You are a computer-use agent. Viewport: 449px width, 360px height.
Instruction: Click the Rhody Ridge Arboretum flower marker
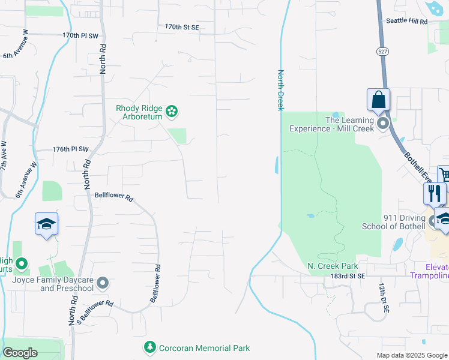tap(172, 110)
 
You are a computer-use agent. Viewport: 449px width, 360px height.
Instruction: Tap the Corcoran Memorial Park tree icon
tap(150, 347)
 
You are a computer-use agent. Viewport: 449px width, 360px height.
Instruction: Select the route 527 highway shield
tap(382, 52)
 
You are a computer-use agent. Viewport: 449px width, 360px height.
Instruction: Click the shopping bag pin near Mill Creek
tap(378, 100)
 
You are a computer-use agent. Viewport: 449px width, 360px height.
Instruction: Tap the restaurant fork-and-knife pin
tap(435, 194)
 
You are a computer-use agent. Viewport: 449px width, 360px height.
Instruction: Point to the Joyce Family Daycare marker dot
tap(103, 282)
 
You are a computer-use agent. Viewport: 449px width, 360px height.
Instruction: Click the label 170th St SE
tap(182, 27)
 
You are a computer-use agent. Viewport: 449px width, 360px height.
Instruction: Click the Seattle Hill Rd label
tap(407, 21)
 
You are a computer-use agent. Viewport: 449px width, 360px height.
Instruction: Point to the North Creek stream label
tap(280, 90)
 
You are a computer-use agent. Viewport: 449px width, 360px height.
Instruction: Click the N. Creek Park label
tap(333, 266)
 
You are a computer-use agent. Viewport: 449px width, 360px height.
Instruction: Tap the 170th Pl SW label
tap(80, 35)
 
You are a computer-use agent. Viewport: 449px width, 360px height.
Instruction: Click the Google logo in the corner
tap(20, 353)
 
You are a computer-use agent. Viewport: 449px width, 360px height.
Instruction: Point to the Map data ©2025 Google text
tap(411, 355)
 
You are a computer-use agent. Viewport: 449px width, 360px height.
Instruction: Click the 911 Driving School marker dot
tap(432, 222)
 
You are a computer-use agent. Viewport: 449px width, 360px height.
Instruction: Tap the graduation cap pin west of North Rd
tap(47, 224)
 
